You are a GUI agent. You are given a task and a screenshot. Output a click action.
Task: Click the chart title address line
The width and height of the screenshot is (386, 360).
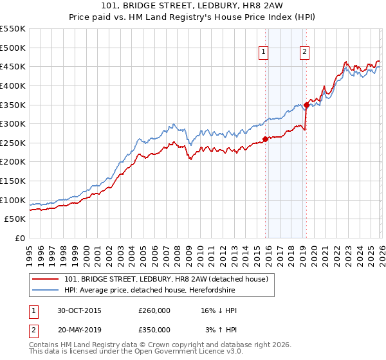coord(193,4)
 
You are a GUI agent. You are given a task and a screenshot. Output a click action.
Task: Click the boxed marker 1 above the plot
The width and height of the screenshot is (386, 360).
coord(264,53)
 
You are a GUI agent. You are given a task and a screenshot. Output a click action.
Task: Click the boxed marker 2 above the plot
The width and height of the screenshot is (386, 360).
coord(304,53)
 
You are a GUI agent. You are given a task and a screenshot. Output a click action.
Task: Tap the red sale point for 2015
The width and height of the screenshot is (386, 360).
coord(265,139)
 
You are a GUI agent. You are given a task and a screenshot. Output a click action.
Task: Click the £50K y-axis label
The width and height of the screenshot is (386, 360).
coord(15,219)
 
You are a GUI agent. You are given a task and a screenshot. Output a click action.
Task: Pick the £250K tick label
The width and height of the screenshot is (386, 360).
coord(13,143)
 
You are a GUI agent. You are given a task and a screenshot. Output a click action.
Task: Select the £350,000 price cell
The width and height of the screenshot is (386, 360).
coord(154,330)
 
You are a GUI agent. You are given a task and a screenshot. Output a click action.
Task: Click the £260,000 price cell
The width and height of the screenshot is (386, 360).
coord(154,310)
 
